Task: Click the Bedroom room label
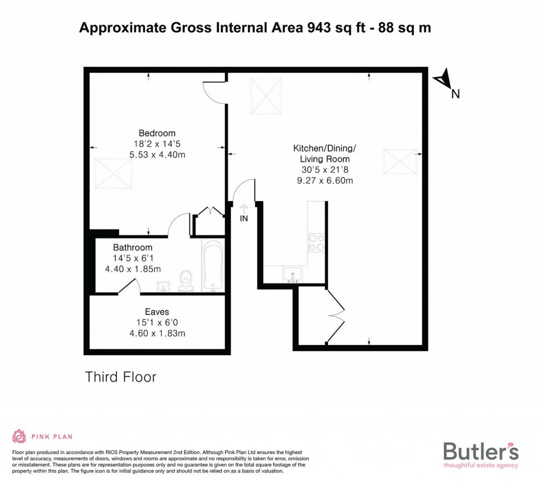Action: [x=157, y=133]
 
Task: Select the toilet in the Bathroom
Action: [x=186, y=281]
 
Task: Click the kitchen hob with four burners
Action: [x=316, y=242]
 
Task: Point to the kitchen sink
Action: [x=292, y=274]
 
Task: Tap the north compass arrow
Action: [x=444, y=80]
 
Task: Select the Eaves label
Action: [x=157, y=312]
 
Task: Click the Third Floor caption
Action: [x=121, y=377]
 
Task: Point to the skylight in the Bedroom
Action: [x=113, y=173]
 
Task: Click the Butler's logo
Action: [x=481, y=454]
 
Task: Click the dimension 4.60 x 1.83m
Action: [x=157, y=333]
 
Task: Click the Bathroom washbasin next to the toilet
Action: [x=164, y=286]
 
